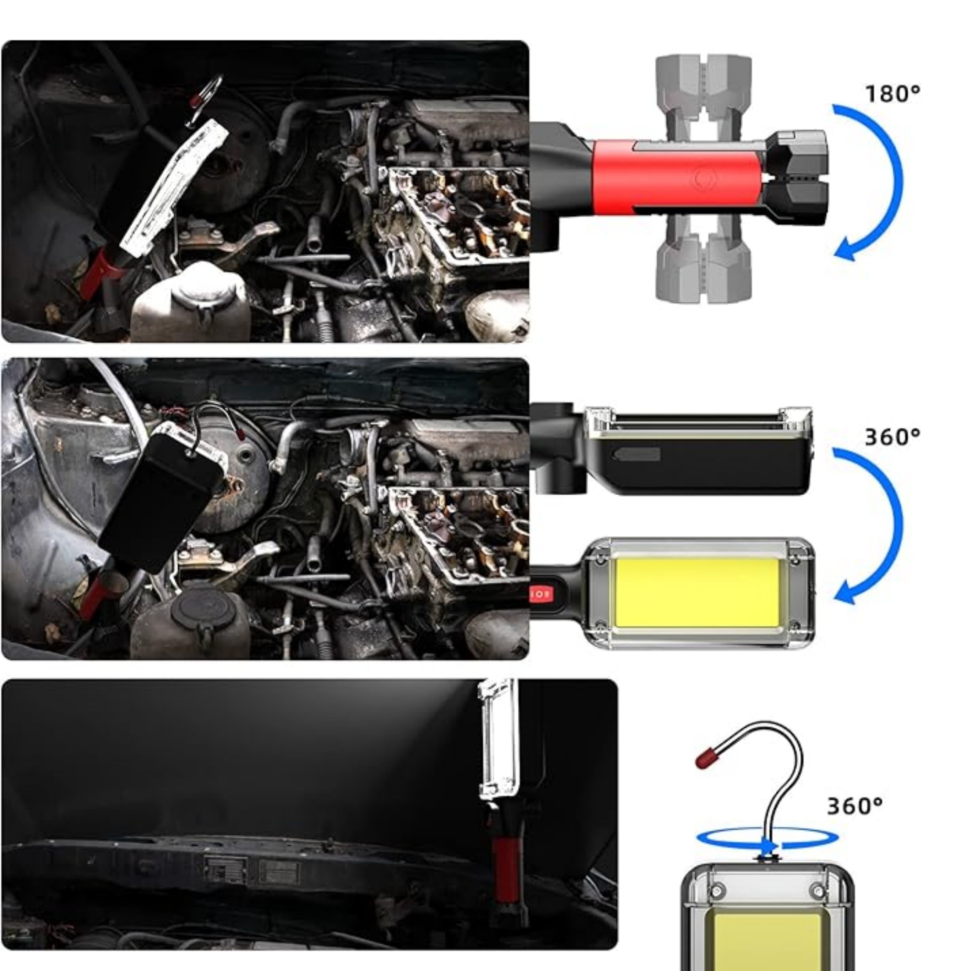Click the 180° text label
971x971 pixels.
[x=893, y=94]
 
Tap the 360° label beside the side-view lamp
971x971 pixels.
[x=893, y=437]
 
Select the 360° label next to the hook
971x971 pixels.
[x=855, y=806]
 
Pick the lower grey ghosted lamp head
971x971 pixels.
[x=703, y=261]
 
